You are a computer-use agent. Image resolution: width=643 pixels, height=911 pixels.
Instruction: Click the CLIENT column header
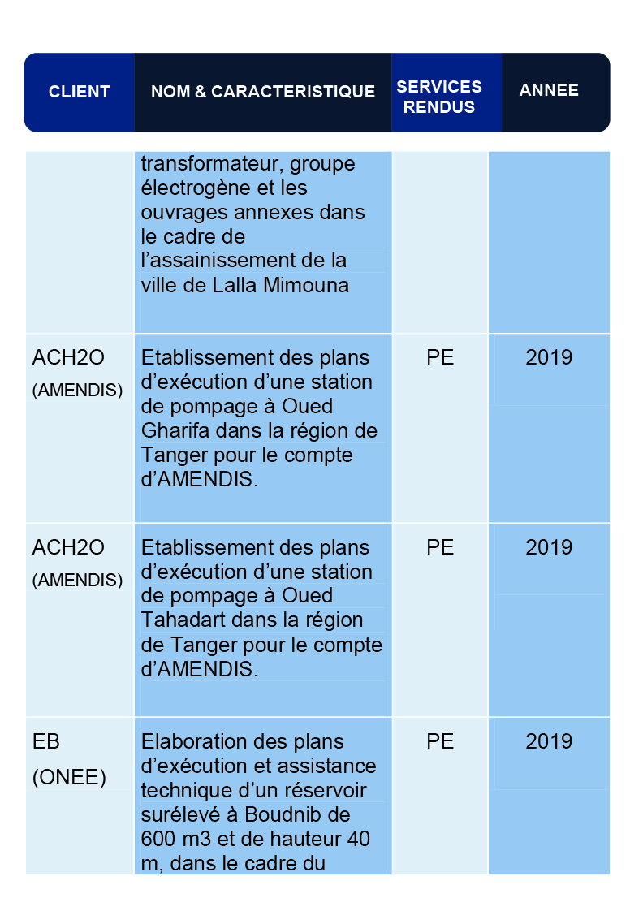[x=79, y=92]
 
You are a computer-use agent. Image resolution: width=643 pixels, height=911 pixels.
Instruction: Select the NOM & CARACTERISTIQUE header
[x=263, y=92]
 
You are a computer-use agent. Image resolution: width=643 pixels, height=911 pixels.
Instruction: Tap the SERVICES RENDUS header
[x=439, y=97]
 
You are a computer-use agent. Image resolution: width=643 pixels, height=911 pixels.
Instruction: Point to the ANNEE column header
[x=549, y=90]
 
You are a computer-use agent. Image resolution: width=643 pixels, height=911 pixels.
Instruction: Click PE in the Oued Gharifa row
[x=439, y=358]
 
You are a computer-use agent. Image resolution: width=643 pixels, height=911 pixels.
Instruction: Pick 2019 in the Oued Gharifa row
[x=549, y=358]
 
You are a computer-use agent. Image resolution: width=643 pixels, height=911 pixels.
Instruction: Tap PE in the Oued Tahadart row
[x=439, y=548]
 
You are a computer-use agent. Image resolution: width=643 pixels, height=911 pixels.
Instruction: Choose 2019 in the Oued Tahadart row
[x=549, y=548]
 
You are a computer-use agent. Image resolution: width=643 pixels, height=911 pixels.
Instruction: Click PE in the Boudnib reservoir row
[x=439, y=742]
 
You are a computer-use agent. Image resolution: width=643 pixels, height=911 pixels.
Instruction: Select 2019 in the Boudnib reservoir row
[x=549, y=742]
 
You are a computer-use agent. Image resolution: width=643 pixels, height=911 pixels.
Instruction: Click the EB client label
[x=46, y=742]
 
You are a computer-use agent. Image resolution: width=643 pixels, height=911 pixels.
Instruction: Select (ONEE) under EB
[x=69, y=778]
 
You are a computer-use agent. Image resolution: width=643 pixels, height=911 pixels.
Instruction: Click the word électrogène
[x=191, y=188]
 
